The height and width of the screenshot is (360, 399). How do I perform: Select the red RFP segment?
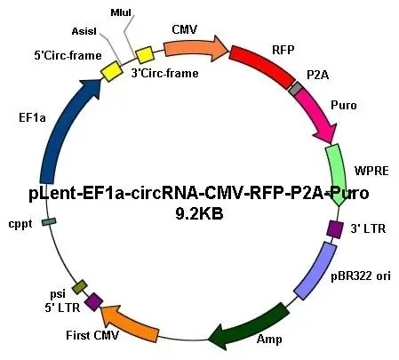pyautogui.click(x=262, y=65)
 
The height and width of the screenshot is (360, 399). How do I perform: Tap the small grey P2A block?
pyautogui.click(x=296, y=88)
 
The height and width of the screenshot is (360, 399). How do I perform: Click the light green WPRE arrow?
pyautogui.click(x=337, y=175)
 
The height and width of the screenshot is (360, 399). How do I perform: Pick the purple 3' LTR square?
pyautogui.click(x=335, y=229)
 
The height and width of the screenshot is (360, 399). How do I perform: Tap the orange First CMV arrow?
pyautogui.click(x=129, y=322)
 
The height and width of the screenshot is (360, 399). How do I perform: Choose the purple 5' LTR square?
pyautogui.click(x=93, y=302)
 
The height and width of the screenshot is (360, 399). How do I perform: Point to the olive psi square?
pyautogui.click(x=80, y=287)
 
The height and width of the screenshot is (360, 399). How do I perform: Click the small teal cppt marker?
pyautogui.click(x=49, y=221)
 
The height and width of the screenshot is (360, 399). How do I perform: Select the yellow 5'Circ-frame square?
pyautogui.click(x=112, y=71)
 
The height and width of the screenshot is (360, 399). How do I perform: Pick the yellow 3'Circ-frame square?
pyautogui.click(x=145, y=55)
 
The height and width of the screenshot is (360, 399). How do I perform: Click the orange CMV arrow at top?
pyautogui.click(x=196, y=48)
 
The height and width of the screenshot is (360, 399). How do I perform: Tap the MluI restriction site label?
pyautogui.click(x=121, y=12)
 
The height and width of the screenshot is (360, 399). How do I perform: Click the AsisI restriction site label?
pyautogui.click(x=84, y=31)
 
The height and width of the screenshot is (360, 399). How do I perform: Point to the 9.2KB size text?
pyautogui.click(x=199, y=213)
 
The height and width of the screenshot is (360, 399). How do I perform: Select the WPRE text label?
pyautogui.click(x=371, y=171)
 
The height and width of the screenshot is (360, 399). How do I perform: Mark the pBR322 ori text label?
pyautogui.click(x=361, y=276)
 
